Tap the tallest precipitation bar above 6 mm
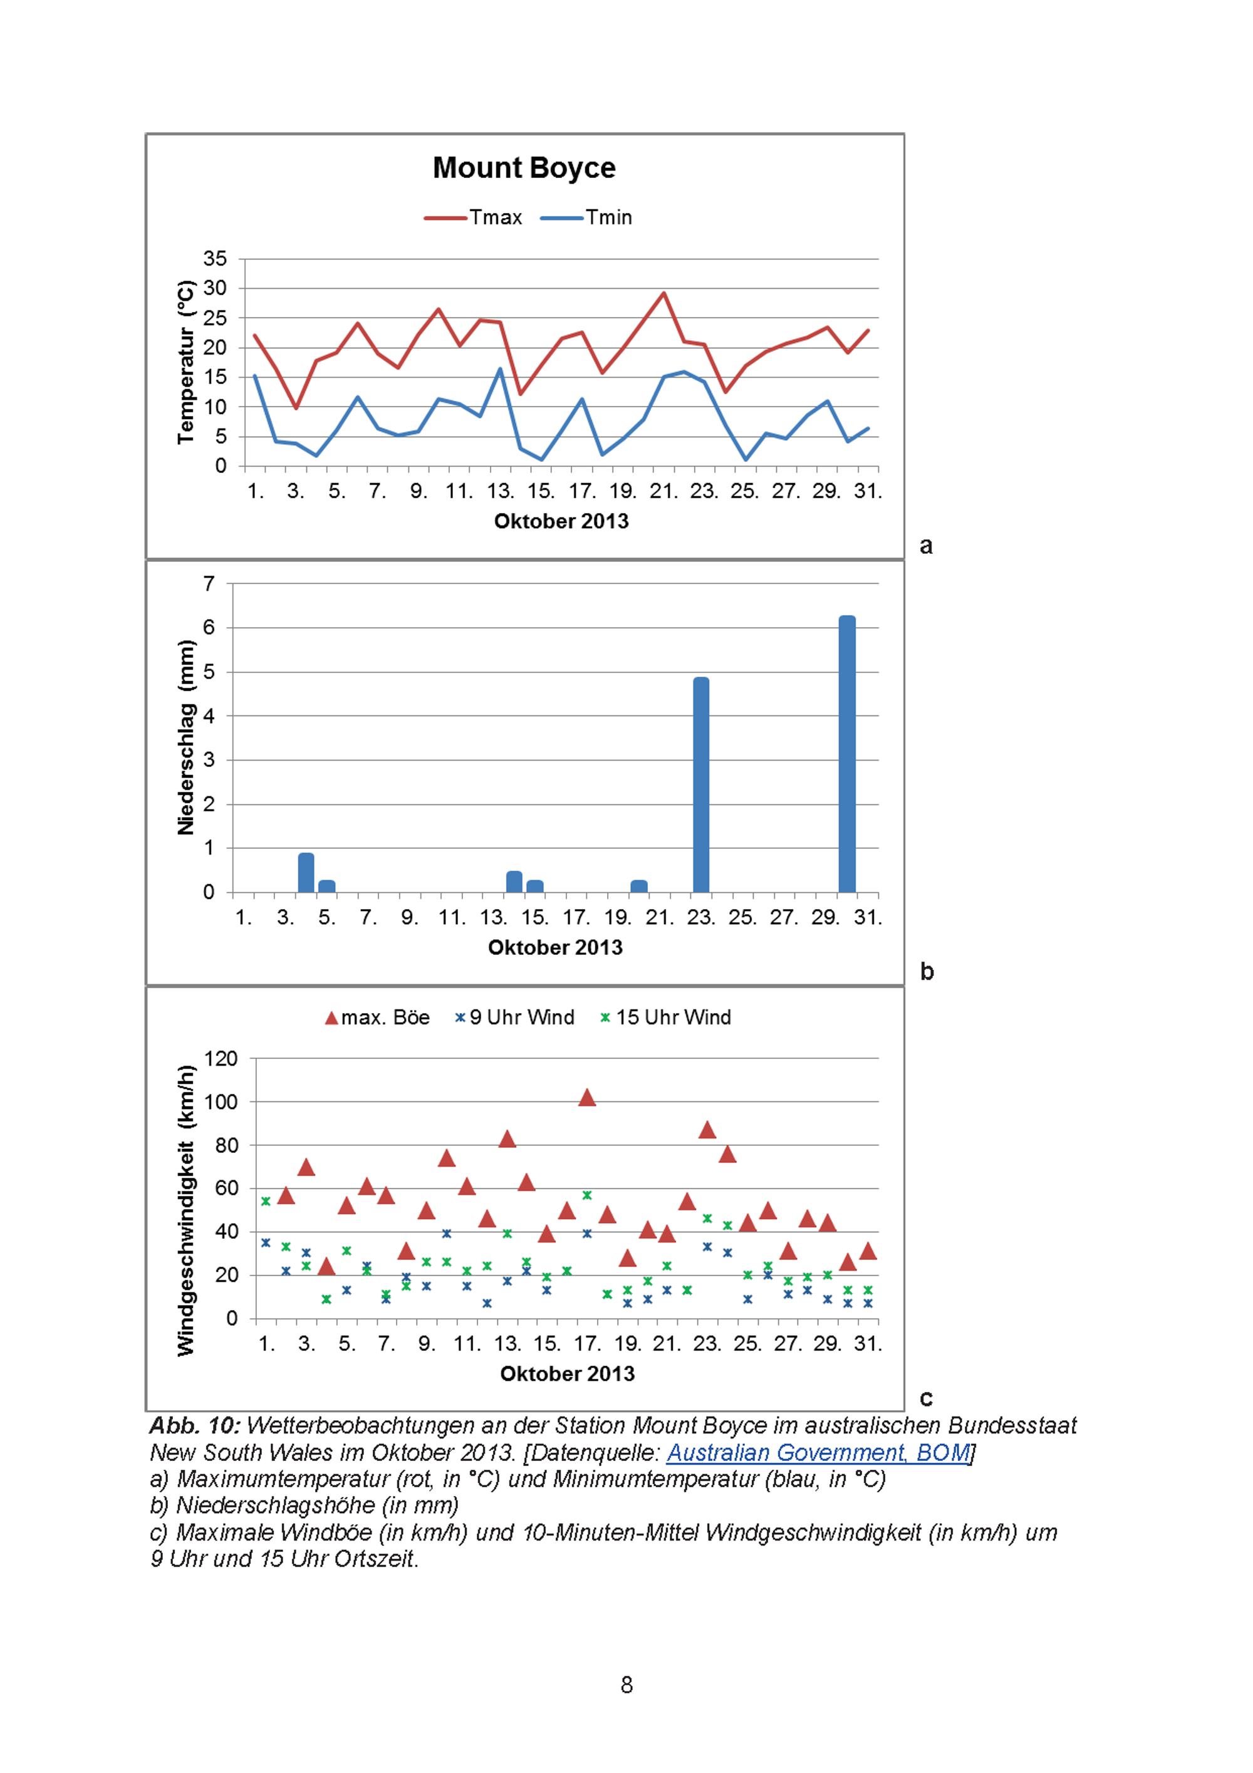(847, 754)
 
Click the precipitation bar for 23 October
(701, 784)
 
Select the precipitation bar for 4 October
(306, 873)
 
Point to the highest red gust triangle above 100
(587, 1097)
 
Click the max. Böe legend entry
(377, 1018)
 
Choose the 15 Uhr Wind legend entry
(665, 1018)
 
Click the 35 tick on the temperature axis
(216, 259)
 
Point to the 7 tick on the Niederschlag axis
(209, 585)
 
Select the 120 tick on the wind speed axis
(220, 1059)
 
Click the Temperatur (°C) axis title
(185, 362)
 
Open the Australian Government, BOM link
(818, 1452)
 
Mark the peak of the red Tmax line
(663, 293)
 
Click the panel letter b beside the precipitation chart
(927, 972)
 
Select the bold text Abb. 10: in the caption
(195, 1425)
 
